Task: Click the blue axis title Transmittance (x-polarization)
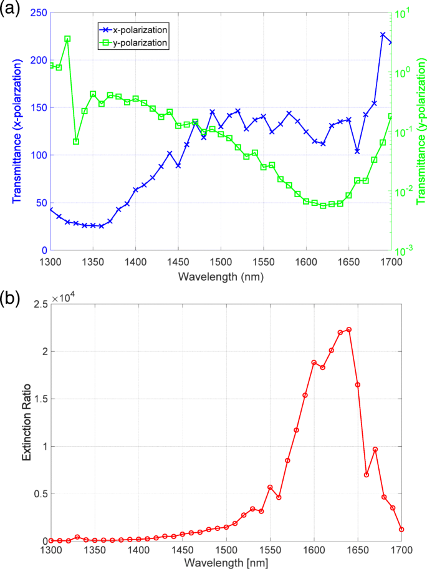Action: point(17,131)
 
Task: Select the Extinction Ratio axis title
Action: point(26,422)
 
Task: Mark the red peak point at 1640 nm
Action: point(348,329)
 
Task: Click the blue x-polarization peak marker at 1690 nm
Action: point(383,35)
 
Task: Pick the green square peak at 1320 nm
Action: point(67,39)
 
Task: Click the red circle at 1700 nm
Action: point(401,529)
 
